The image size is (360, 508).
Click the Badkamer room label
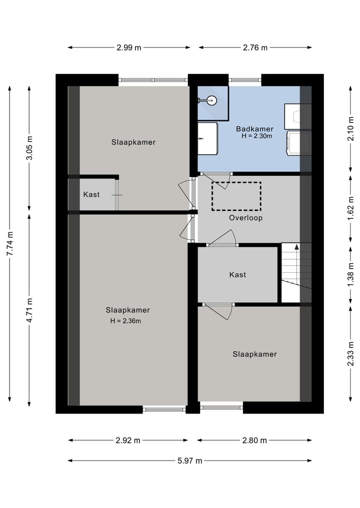point(254,128)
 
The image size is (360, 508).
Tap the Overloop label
point(245,218)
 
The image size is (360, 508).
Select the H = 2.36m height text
point(125,321)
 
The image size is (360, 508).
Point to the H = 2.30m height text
point(256,136)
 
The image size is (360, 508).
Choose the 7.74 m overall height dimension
point(9,244)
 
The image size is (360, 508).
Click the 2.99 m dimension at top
point(129,48)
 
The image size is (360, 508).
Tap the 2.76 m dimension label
point(255,48)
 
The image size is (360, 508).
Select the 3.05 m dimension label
point(29,148)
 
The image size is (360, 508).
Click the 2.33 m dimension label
point(350,354)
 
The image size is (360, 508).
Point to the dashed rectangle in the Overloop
point(236,196)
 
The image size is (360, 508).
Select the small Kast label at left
point(91,194)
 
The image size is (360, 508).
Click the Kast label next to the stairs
point(237,275)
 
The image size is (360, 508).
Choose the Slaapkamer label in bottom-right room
point(254,354)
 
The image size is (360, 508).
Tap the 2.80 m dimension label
point(254,441)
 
